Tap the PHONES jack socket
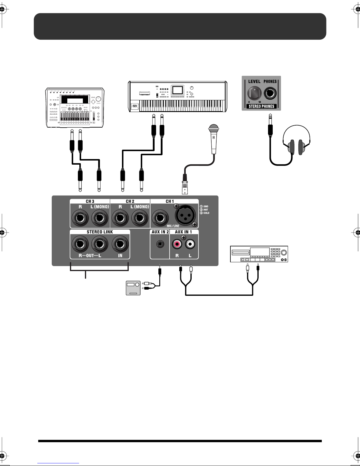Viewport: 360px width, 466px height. (x=270, y=94)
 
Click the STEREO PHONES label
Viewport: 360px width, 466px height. (x=261, y=106)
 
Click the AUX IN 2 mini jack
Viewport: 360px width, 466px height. (x=160, y=244)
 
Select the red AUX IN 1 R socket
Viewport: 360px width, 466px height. (x=177, y=244)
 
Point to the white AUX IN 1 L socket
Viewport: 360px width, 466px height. (x=190, y=244)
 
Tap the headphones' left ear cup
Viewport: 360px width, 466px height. (x=292, y=147)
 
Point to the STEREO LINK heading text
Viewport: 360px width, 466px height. (x=100, y=232)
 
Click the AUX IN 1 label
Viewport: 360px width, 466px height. (x=183, y=232)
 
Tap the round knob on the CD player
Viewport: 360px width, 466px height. (x=284, y=253)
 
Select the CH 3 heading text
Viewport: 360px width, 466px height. (x=90, y=201)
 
